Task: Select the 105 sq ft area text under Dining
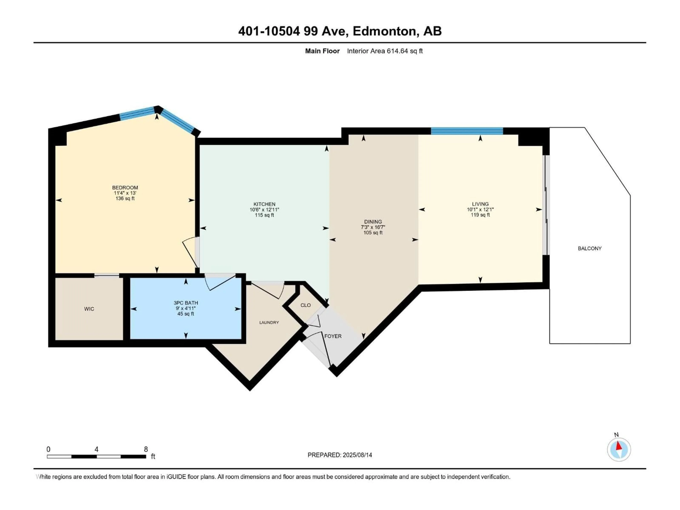[373, 233]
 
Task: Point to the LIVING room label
[480, 204]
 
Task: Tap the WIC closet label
[89, 309]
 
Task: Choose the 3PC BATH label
[186, 303]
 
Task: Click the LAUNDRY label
[269, 322]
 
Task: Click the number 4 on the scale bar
[97, 449]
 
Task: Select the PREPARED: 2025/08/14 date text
[340, 455]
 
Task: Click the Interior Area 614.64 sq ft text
[385, 51]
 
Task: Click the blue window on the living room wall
[467, 131]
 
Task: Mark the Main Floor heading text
[322, 51]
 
